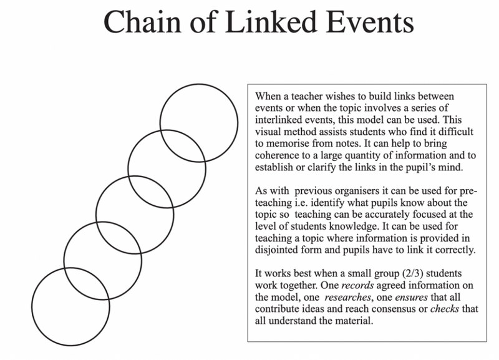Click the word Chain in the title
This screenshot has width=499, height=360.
[142, 22]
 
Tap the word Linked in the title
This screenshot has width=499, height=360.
[271, 22]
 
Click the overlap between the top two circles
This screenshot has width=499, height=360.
[183, 146]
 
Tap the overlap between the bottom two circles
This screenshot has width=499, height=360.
[87, 284]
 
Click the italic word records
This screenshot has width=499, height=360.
[357, 285]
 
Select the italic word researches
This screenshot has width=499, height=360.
[348, 297]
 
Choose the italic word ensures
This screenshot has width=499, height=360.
[411, 297]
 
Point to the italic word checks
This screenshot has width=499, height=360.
[445, 309]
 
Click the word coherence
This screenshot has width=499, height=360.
[277, 155]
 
